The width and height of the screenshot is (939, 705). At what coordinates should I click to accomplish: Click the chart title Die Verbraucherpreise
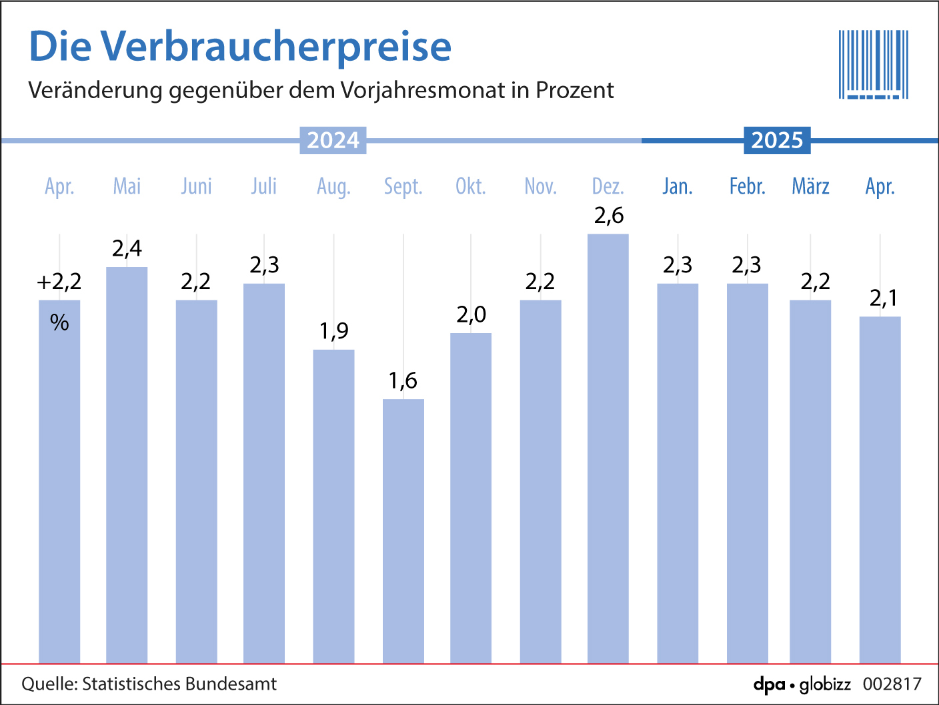pos(240,47)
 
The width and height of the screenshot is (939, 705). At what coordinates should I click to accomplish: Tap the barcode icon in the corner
pos(873,65)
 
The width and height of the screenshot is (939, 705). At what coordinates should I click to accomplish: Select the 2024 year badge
pos(333,140)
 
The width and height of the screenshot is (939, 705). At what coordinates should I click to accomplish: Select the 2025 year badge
pos(777,140)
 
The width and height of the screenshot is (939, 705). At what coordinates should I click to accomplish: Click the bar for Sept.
pos(403,531)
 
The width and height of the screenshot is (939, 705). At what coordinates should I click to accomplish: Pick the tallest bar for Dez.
pos(608,447)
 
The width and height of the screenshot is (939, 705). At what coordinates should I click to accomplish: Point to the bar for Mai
pos(127,464)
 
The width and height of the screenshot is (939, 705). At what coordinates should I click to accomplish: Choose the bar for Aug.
pos(333,506)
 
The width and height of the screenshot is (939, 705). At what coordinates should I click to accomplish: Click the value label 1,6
pos(403,381)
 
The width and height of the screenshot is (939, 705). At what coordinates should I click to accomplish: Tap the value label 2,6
pos(609,216)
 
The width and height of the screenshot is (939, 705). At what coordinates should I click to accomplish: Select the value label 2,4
pos(127,249)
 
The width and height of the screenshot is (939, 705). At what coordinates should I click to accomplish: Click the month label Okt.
pos(471,186)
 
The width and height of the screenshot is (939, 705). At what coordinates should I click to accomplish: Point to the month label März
pos(810,186)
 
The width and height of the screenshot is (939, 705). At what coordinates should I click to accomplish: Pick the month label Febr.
pos(747,186)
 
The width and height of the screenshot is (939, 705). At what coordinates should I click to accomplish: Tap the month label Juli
pos(264,186)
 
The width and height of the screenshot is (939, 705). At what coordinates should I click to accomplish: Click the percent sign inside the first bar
pos(59,323)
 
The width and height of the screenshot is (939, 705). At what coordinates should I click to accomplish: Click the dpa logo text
pos(769,684)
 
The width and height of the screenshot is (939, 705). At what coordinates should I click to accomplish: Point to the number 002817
pos(892,684)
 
